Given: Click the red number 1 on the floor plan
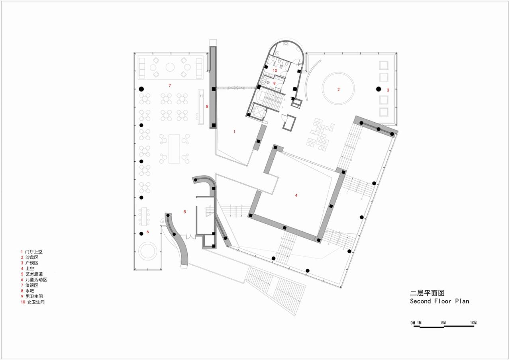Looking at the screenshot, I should pos(234,131).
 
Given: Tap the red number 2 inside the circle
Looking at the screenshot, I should pos(339,90).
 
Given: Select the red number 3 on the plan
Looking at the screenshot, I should pos(388,90).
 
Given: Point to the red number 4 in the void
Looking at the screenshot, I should pos(296,195).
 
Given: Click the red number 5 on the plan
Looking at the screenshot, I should pos(184,212).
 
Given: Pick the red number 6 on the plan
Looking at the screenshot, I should pos(148,232).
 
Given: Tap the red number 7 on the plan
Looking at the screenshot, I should pos(169,86).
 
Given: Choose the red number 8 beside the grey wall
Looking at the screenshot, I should pos(207,106).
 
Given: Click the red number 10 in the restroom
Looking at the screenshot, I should pos(275,70).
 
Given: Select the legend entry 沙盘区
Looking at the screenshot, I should pos(32,258).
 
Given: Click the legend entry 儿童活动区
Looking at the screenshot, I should pos(36,280).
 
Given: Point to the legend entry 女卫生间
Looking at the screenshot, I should pos(36,302).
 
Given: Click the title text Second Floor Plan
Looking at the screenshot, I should pos(439,301).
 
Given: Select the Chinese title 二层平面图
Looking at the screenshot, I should pos(424,293).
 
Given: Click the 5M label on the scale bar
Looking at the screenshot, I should pos(443,323).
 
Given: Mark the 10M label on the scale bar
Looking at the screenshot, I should pos(473,323).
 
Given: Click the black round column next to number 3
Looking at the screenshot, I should pos(379,89).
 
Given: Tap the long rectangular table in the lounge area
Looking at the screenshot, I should pos(175,149).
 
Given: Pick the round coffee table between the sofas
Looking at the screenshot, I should pos(170,67).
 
